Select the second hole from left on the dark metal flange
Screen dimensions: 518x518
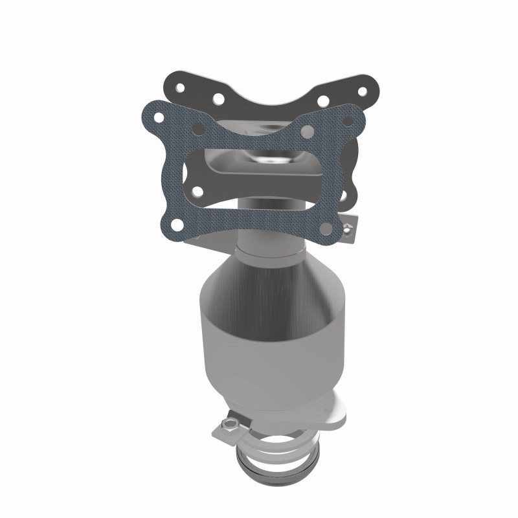coord(218,99)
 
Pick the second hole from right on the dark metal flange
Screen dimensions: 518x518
coord(323,101)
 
